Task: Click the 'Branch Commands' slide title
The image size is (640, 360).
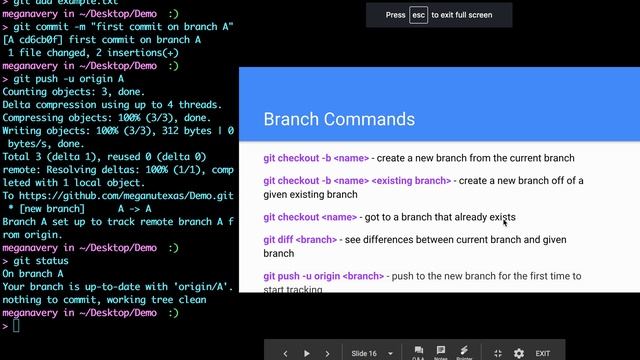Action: click(338, 120)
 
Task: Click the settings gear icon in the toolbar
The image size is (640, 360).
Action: click(518, 353)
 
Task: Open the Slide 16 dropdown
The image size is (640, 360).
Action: click(368, 353)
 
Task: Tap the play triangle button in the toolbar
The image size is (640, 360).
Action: click(307, 353)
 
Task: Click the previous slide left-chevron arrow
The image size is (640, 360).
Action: click(286, 353)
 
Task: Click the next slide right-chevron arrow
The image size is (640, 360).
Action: click(328, 353)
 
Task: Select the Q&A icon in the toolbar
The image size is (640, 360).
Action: click(418, 352)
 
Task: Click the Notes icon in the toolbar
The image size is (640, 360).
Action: click(441, 352)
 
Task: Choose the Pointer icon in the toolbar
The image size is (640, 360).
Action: click(465, 352)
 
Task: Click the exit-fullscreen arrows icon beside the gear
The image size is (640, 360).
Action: click(498, 353)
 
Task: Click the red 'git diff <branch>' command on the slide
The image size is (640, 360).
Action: click(300, 240)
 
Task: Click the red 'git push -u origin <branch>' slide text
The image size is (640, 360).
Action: click(324, 275)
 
